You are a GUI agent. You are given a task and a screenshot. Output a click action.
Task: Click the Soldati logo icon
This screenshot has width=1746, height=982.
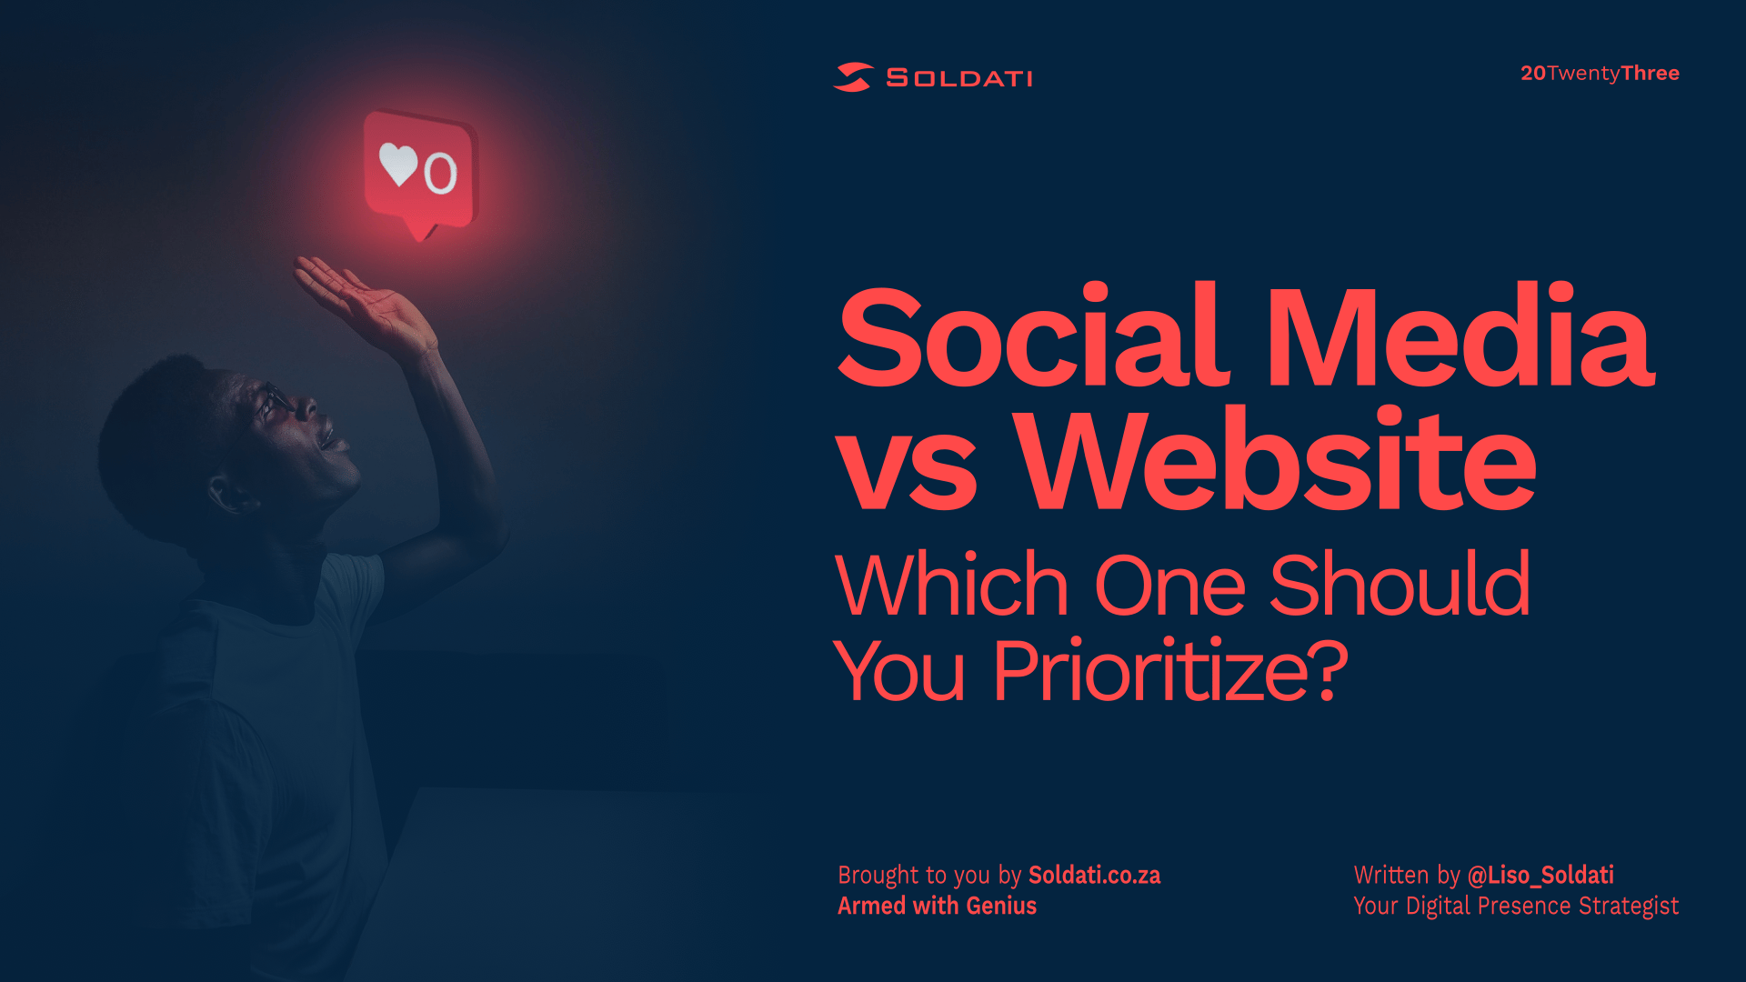point(853,77)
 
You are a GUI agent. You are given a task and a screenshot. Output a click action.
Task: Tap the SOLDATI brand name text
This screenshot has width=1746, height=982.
point(959,78)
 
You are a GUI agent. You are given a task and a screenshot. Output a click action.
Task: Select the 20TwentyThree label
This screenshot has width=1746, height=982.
point(1600,73)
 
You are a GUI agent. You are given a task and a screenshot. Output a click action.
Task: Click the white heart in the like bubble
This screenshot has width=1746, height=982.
point(398,164)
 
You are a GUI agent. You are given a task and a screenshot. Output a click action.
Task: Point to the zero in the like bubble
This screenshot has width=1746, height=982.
point(440,173)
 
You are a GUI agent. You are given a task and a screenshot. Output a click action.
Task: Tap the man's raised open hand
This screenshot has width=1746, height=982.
point(364,305)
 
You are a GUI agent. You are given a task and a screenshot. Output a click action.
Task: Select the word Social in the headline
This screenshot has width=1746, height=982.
point(1034,336)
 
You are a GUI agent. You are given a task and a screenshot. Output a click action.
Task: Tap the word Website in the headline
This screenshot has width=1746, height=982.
point(1275,459)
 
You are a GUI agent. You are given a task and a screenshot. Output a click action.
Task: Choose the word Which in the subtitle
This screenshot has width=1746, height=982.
point(951,585)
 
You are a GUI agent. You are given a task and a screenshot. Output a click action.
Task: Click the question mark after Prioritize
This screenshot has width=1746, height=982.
point(1330,670)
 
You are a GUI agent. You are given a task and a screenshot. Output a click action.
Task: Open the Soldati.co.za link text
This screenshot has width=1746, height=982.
point(1094,875)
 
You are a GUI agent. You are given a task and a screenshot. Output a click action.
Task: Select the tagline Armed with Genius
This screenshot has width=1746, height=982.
point(937,906)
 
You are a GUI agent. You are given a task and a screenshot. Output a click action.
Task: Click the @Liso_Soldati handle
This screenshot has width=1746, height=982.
point(1540,875)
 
